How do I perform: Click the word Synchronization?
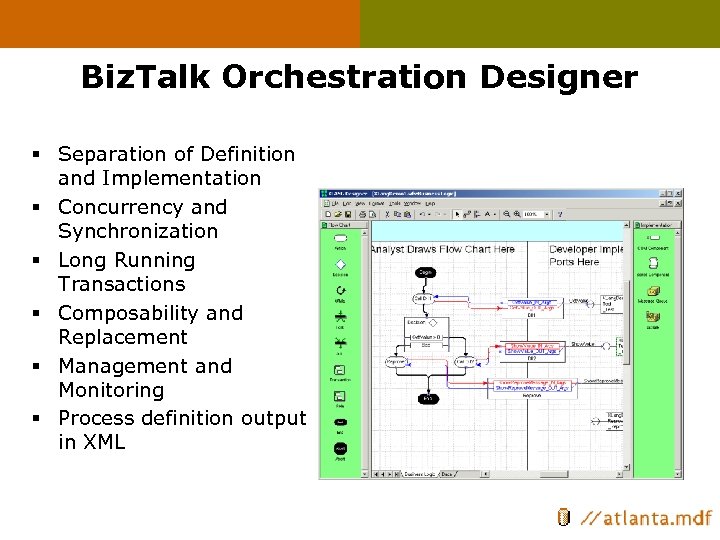(x=138, y=231)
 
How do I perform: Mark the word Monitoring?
(x=111, y=390)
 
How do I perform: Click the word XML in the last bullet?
(x=103, y=442)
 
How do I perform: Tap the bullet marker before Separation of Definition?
(x=36, y=155)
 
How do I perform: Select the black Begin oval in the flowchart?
(x=425, y=271)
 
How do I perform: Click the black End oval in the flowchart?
(x=427, y=398)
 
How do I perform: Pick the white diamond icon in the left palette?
(x=340, y=264)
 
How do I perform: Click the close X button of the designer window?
(x=679, y=193)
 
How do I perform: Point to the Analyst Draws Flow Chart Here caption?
(x=443, y=249)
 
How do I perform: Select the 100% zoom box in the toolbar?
(x=532, y=213)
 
